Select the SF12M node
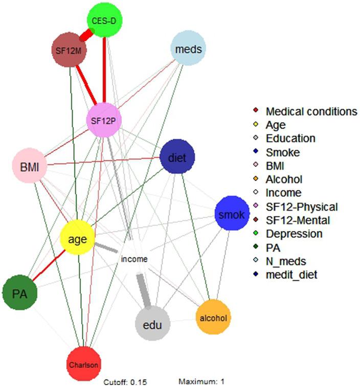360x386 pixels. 69,50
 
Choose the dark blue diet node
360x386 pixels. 177,157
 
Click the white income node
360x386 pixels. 134,259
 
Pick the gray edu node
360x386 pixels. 152,324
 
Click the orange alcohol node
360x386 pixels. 213,318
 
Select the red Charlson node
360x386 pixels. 83,365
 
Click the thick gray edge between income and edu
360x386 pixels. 143,290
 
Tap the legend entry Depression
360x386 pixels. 294,234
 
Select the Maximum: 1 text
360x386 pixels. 201,381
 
